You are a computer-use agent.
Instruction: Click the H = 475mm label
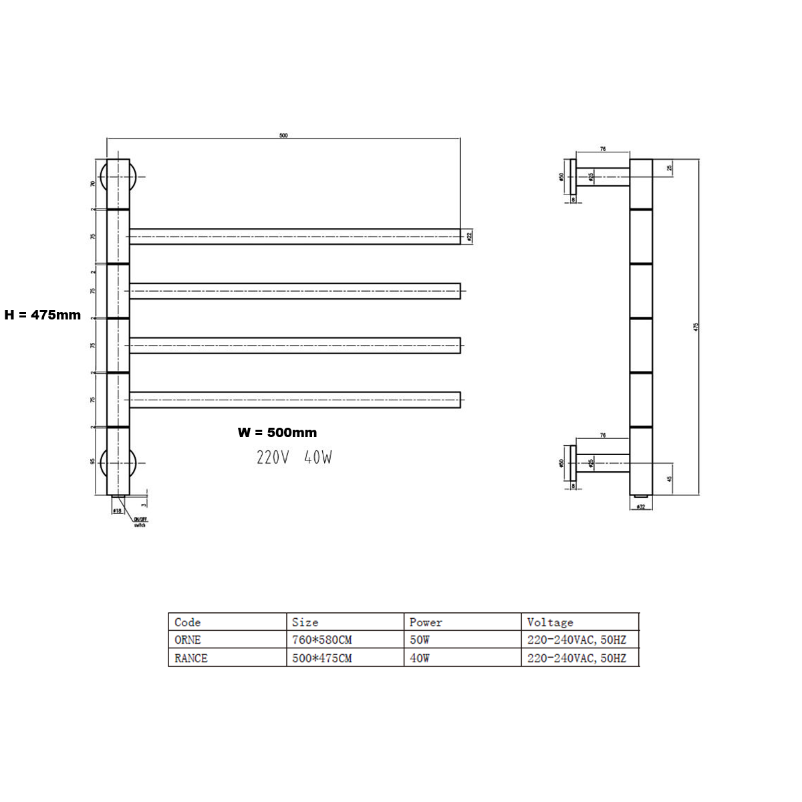(x=42, y=315)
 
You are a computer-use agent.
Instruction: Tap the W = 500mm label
(x=277, y=432)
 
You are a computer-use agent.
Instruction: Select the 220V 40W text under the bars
(x=294, y=458)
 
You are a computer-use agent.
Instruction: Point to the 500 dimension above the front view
(x=283, y=135)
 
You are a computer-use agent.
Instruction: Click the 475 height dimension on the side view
(x=696, y=327)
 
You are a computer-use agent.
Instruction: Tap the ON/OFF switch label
(x=140, y=522)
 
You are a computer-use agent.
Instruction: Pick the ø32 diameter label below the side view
(x=640, y=507)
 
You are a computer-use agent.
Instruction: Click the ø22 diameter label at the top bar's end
(x=470, y=236)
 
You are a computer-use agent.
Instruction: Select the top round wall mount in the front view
(x=118, y=176)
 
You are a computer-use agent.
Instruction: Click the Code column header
(x=188, y=622)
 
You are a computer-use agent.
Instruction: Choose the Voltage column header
(x=549, y=622)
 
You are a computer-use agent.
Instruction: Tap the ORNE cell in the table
(x=188, y=640)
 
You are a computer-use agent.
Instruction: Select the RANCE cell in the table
(x=191, y=658)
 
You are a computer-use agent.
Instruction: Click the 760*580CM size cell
(x=321, y=640)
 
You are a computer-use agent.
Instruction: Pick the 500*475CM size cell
(x=321, y=658)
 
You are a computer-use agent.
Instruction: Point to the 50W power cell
(x=420, y=640)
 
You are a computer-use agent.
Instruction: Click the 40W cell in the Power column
(x=420, y=658)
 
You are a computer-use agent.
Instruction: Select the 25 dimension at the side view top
(x=670, y=168)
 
